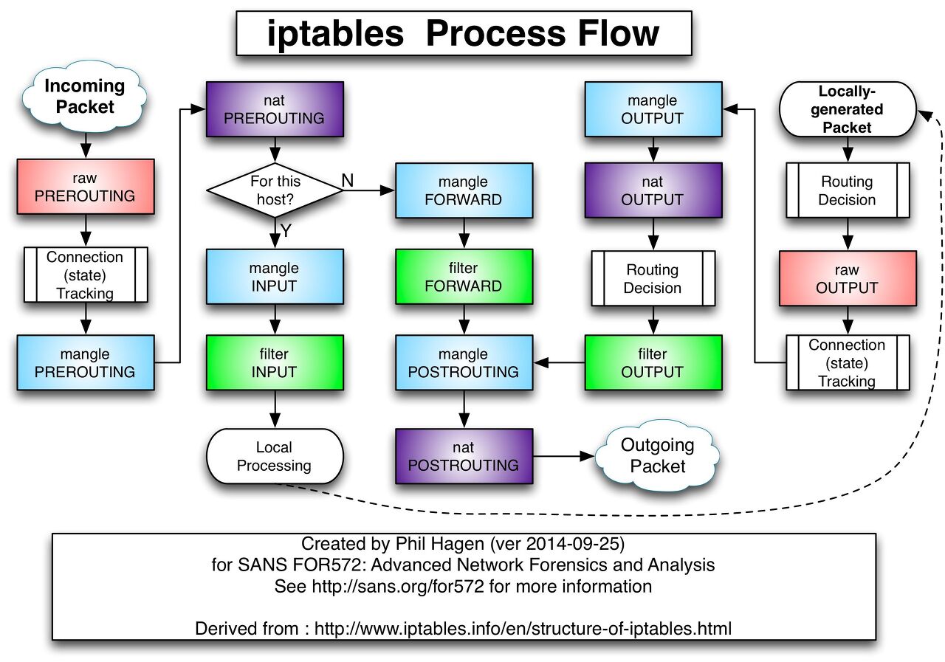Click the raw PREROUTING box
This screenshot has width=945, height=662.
[x=86, y=187]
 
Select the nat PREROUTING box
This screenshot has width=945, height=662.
[x=275, y=108]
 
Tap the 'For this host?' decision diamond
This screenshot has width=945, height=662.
[x=275, y=190]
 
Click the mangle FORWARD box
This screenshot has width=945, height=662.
[x=464, y=190]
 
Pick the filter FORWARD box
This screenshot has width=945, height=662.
[x=464, y=277]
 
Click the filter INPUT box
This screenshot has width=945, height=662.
[x=275, y=362]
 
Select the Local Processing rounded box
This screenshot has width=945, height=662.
[x=275, y=456]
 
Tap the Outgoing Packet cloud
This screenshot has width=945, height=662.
[x=657, y=455]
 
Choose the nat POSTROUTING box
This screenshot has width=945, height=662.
[x=464, y=456]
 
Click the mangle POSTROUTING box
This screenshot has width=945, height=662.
[x=464, y=362]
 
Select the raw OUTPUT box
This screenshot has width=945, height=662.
[x=847, y=278]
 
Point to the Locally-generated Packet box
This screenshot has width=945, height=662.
[x=847, y=109]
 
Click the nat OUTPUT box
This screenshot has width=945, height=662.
[x=653, y=190]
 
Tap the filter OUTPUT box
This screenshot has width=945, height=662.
[x=653, y=362]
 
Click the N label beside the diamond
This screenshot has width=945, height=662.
[x=347, y=179]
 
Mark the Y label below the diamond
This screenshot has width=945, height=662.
[x=286, y=231]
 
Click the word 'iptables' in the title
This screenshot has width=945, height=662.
[x=335, y=34]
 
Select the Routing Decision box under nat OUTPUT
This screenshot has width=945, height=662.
[x=653, y=278]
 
